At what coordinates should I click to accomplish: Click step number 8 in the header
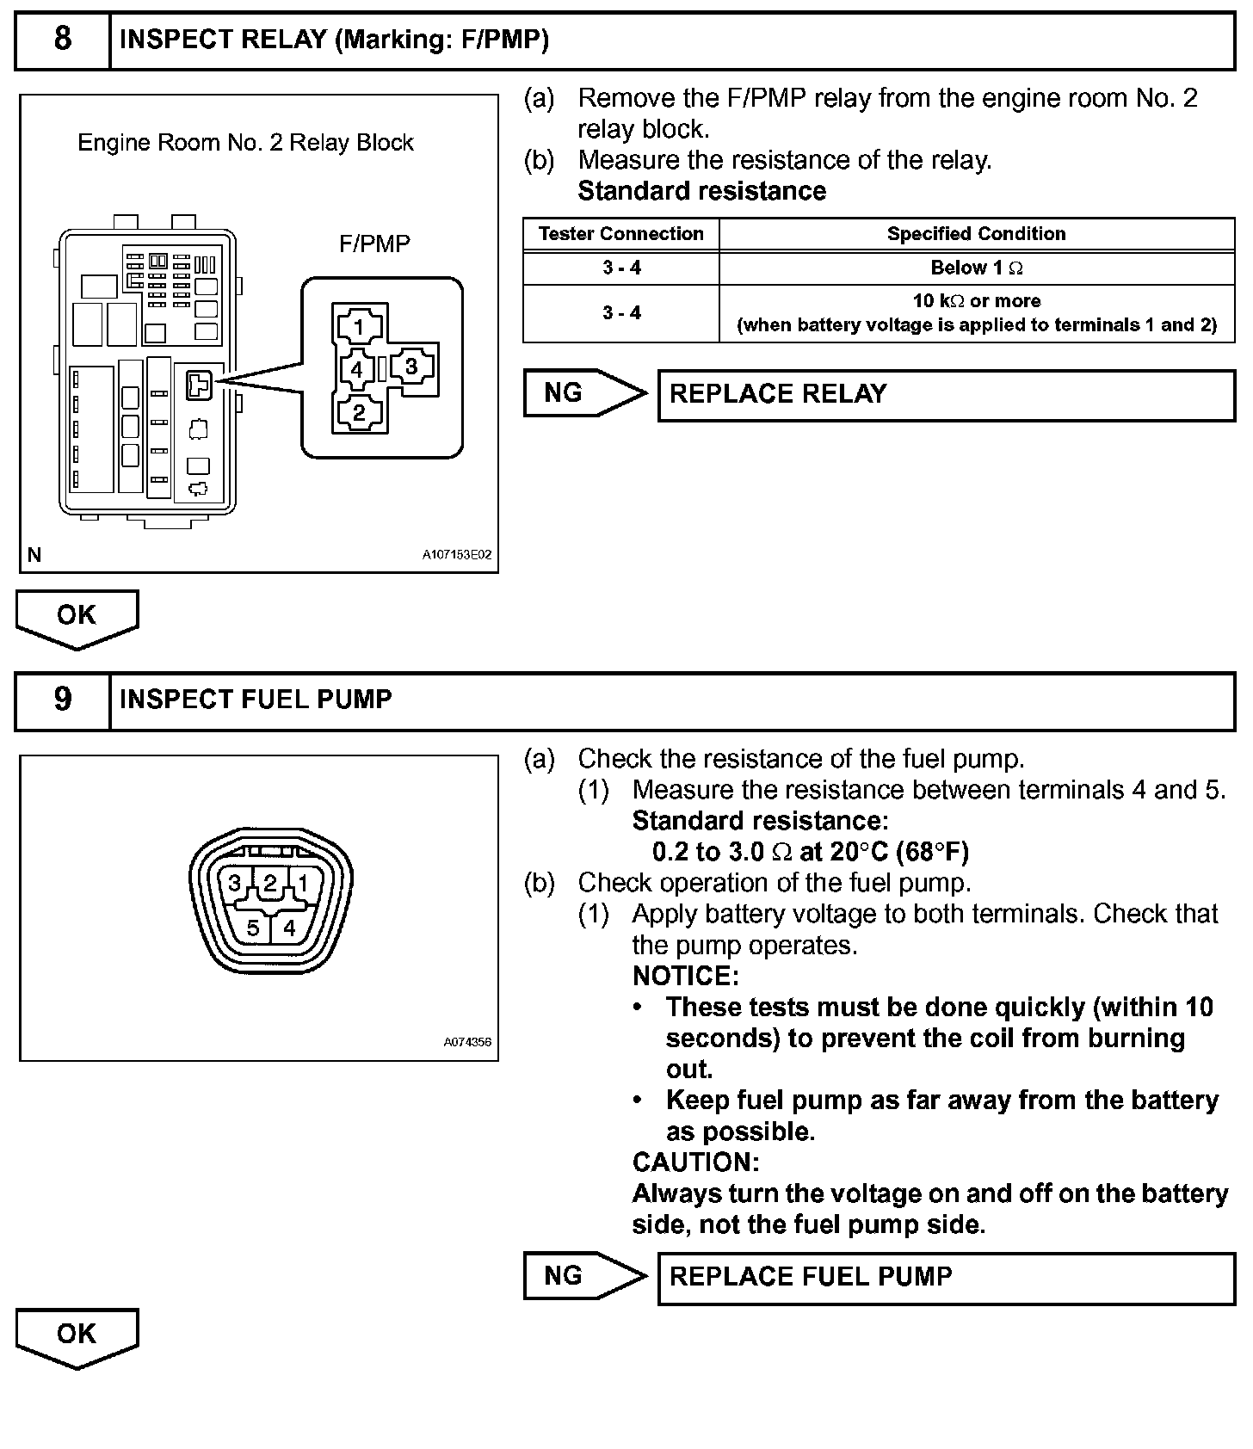tap(63, 40)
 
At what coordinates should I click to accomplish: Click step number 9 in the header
tap(63, 699)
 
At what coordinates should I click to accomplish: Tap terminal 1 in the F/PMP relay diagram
tap(359, 326)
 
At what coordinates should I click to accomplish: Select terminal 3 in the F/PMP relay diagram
tap(411, 367)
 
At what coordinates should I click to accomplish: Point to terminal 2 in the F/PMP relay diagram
tap(359, 413)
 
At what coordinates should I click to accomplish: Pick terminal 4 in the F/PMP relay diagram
tap(357, 370)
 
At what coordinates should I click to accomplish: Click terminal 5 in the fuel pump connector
tap(253, 928)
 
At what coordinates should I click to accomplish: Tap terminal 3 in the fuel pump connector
tap(234, 883)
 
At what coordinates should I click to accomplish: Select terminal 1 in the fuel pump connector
tap(302, 883)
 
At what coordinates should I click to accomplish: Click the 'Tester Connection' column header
tap(620, 234)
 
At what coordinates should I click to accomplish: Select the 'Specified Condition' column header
tap(976, 234)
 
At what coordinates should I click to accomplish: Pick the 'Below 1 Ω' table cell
tap(976, 268)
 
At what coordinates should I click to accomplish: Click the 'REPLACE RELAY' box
tap(946, 395)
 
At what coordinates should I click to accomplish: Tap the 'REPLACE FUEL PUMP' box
tap(946, 1277)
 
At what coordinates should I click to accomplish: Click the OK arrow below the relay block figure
tap(77, 617)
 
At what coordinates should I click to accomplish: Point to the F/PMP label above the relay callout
tap(374, 244)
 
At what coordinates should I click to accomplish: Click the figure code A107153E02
tap(456, 555)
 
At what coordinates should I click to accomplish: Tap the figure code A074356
tap(467, 1042)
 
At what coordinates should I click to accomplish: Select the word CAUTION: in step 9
tap(695, 1162)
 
